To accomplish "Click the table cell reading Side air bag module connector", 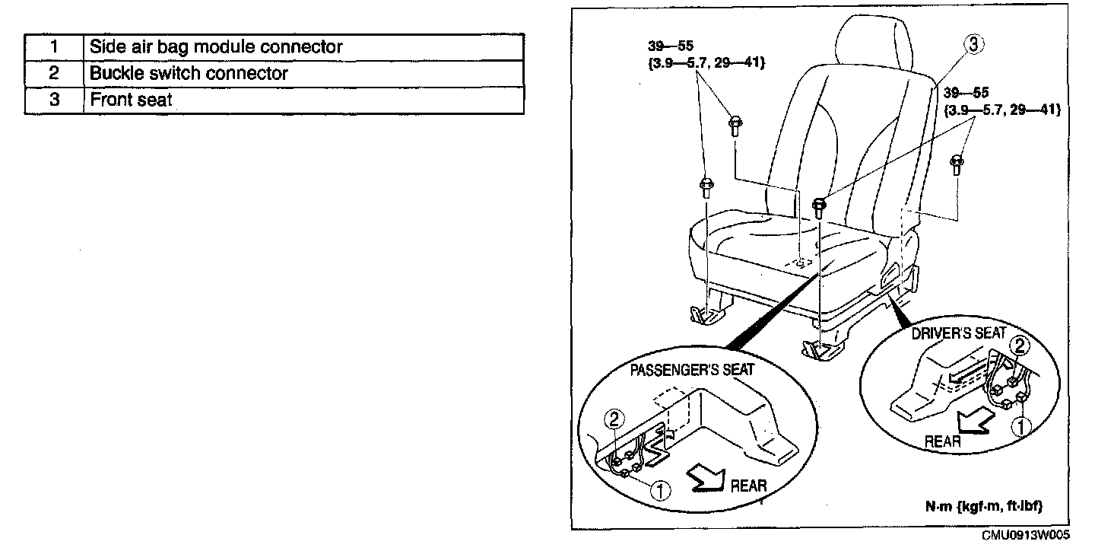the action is click(x=303, y=47).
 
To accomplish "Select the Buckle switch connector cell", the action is click(x=303, y=74).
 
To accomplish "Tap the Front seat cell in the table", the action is click(x=303, y=100).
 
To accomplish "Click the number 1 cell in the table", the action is click(x=54, y=47).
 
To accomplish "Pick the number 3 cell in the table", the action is click(x=54, y=100).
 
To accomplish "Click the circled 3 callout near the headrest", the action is click(x=973, y=44).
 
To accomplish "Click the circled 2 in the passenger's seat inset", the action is click(x=614, y=419).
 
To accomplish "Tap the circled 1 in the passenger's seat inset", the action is click(x=660, y=490).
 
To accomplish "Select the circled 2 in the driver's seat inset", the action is click(x=1019, y=346).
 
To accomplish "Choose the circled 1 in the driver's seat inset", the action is click(x=1020, y=427).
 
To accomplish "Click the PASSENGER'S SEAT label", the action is click(x=692, y=370).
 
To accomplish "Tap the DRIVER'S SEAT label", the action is click(x=959, y=334).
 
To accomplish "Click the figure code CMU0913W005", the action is click(x=1026, y=535).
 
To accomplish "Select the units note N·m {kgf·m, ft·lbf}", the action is click(x=984, y=506).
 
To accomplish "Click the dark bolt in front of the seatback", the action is click(x=819, y=208).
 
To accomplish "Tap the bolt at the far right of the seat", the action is click(x=957, y=164).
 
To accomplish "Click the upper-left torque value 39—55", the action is click(x=671, y=46).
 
